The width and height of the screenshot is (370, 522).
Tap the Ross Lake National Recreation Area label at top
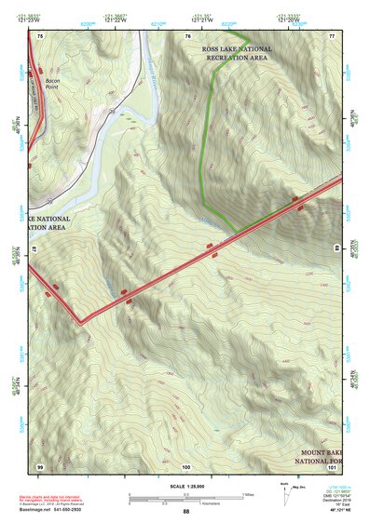[240, 53]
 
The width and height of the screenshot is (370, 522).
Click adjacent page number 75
[40, 35]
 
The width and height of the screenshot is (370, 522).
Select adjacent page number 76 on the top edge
[187, 35]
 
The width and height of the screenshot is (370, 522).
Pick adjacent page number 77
[331, 35]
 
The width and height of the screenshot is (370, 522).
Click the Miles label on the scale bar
[248, 493]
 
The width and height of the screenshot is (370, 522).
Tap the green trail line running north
[207, 140]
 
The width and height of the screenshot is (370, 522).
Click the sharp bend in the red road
[81, 322]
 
